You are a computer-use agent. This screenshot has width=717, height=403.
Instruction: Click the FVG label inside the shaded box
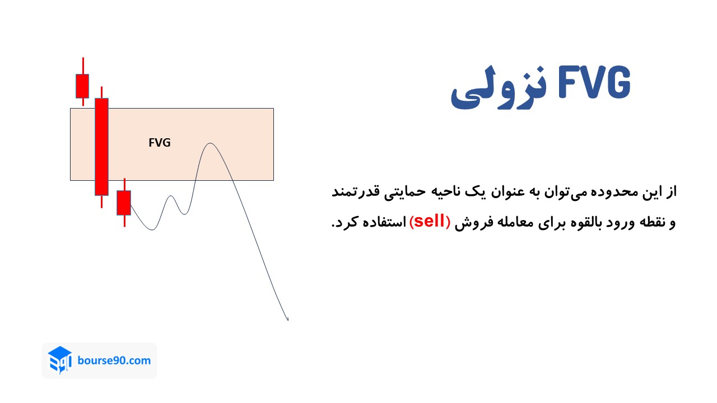pyautogui.click(x=160, y=143)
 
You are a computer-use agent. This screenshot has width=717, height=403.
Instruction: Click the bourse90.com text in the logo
pyautogui.click(x=115, y=360)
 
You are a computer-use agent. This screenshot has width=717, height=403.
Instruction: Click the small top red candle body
pyautogui.click(x=82, y=86)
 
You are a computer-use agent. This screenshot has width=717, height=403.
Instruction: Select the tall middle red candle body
pyautogui.click(x=101, y=147)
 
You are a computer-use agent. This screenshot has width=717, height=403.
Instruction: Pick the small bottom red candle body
pyautogui.click(x=124, y=203)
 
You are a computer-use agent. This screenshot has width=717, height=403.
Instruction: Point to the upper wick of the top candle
pyautogui.click(x=83, y=65)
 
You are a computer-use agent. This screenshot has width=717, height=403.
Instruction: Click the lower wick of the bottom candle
pyautogui.click(x=124, y=221)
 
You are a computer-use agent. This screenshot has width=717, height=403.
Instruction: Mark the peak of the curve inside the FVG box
pyautogui.click(x=210, y=143)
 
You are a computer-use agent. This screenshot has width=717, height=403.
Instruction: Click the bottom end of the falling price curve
pyautogui.click(x=287, y=320)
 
